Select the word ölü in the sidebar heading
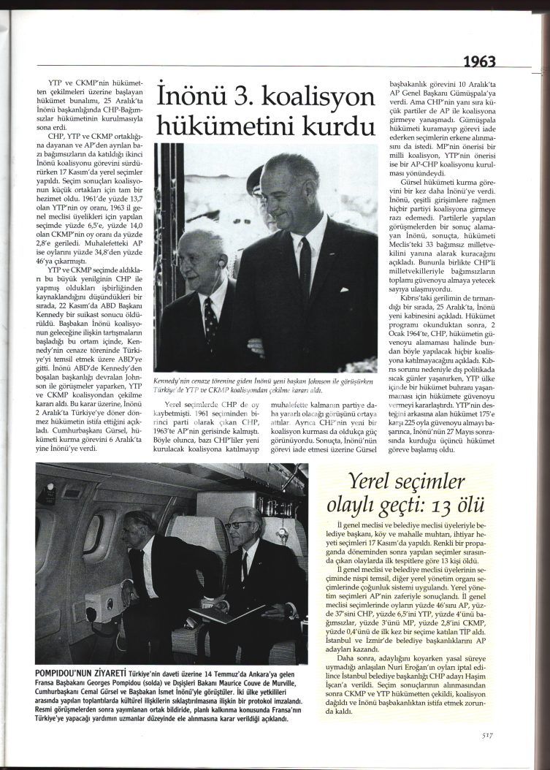tap(476, 506)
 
